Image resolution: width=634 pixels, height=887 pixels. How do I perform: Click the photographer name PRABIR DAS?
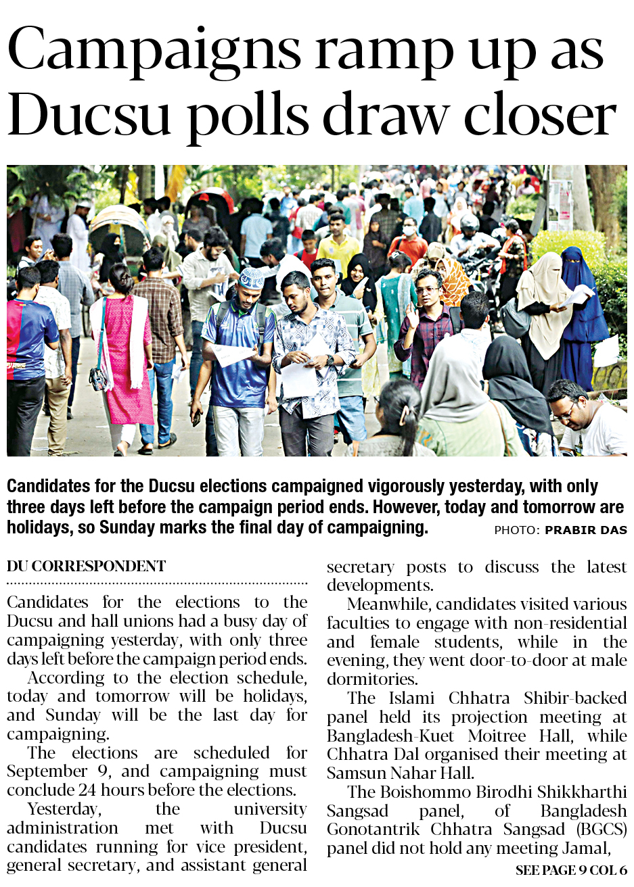pyautogui.click(x=585, y=530)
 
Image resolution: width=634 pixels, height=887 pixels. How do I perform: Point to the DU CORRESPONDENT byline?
pyautogui.click(x=86, y=566)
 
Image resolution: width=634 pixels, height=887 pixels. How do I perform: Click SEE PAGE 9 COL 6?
pyautogui.click(x=570, y=870)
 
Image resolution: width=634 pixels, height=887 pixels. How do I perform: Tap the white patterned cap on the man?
pyautogui.click(x=251, y=278)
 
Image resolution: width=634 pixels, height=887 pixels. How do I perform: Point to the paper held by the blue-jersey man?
pyautogui.click(x=230, y=353)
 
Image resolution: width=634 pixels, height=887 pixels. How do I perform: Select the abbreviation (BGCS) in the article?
pyautogui.click(x=602, y=829)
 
